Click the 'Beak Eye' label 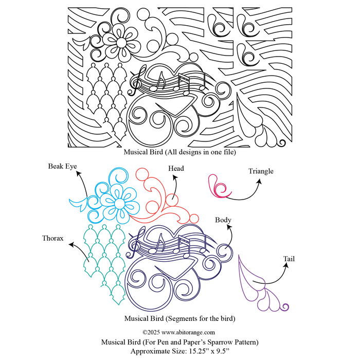(x=63, y=166)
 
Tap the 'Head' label (x=175, y=168)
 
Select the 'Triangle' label (x=261, y=171)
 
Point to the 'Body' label (x=223, y=220)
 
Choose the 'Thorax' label (x=53, y=238)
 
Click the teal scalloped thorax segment (x=103, y=252)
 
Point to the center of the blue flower (x=119, y=204)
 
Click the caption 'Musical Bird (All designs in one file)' (x=180, y=152)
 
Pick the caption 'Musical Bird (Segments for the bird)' (x=180, y=318)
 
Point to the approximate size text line (x=180, y=351)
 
